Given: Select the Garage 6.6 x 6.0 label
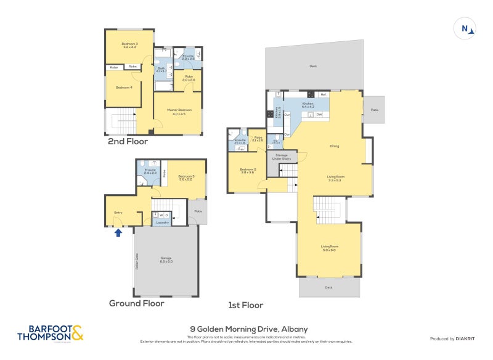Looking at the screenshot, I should point(166,260).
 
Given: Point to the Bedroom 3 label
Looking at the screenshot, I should point(129,45).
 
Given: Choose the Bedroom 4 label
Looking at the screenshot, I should point(124,87).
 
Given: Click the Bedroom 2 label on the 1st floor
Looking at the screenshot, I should point(248,171).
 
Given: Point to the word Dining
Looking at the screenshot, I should point(335,146).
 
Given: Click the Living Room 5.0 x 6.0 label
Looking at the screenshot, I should point(329,248).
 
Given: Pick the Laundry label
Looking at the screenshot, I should point(163,222).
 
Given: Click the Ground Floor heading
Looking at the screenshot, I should point(136,303).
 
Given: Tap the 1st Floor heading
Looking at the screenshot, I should point(245,305).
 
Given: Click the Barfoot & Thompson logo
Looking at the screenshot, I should point(47,333).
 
